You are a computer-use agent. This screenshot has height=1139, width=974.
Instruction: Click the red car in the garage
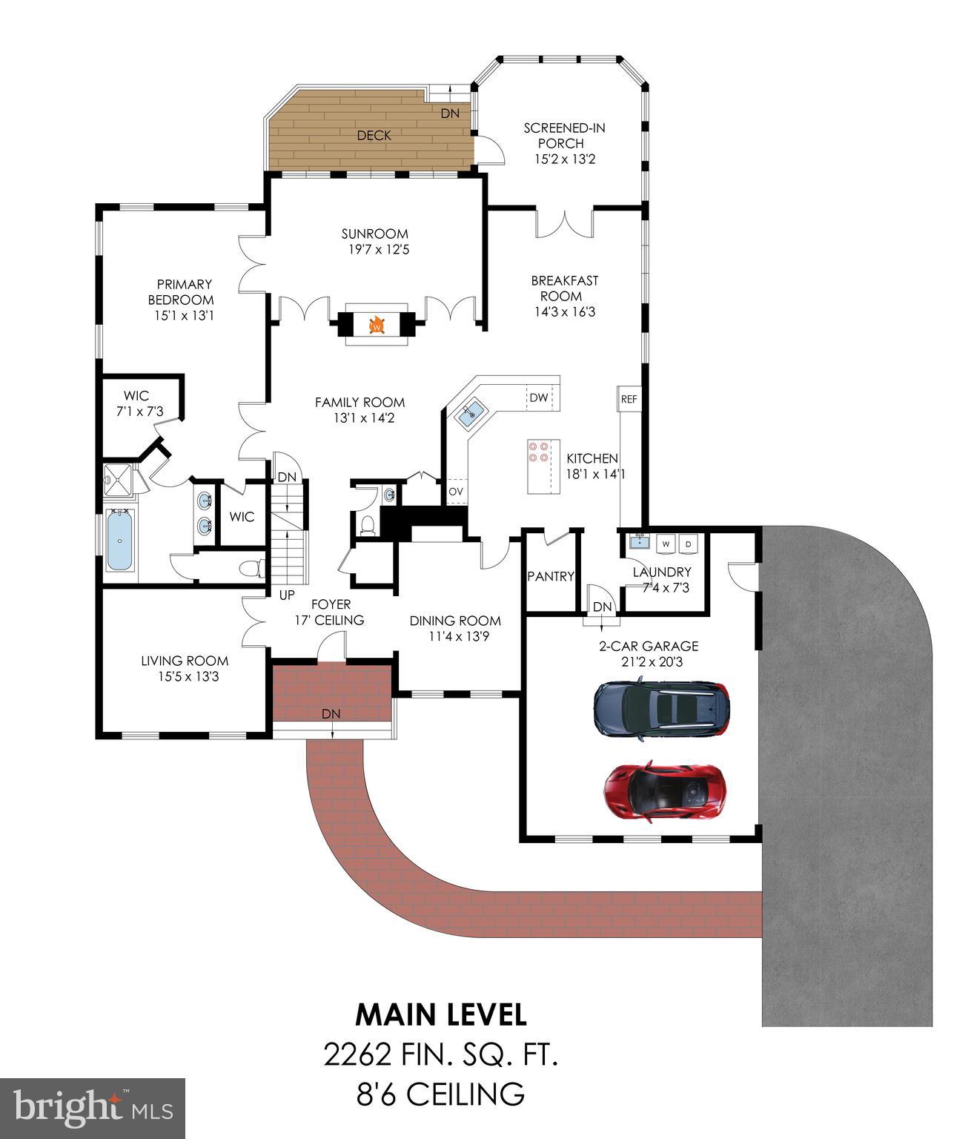(666, 790)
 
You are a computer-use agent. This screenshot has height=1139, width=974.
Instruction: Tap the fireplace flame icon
(377, 325)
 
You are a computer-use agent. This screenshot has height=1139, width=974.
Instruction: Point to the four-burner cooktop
(538, 452)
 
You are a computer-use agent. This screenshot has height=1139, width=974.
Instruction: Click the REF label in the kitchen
(629, 399)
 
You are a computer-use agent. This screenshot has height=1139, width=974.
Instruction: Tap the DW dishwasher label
(538, 397)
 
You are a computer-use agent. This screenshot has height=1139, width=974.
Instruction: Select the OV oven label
(456, 492)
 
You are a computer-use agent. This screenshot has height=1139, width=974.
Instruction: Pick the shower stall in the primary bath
(119, 480)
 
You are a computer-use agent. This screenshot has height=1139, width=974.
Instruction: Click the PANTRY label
(551, 576)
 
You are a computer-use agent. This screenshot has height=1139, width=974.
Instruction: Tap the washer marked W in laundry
(666, 544)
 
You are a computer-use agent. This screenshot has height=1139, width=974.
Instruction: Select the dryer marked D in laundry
(688, 544)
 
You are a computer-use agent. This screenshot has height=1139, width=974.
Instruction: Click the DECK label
(374, 136)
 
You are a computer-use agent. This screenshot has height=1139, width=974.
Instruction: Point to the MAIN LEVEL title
(441, 1014)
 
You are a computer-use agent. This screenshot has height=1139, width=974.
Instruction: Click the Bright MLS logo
(93, 1108)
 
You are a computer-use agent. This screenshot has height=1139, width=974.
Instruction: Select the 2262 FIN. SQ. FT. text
(441, 1054)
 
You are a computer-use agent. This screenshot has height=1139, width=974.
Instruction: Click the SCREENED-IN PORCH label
(564, 136)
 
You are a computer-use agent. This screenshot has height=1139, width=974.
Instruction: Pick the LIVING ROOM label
(185, 661)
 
